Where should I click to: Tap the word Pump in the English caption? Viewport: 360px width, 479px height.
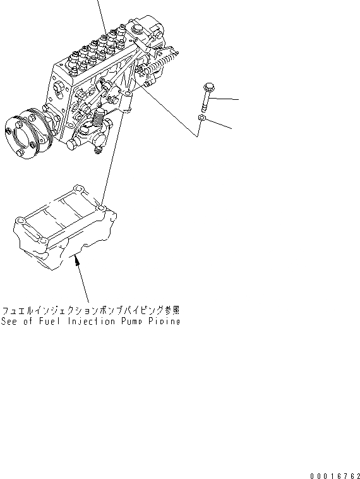131,321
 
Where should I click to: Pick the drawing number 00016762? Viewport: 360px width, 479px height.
335,474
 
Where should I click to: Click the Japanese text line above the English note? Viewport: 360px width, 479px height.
91,310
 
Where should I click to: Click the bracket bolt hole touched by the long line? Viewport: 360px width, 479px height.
100,207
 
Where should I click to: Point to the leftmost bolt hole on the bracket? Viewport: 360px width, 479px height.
20,219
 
